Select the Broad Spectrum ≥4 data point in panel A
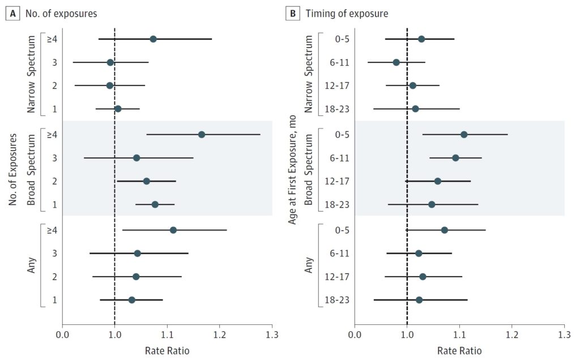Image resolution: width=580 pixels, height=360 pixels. [x=202, y=135]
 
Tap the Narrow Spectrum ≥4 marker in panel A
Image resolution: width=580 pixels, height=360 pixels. [x=153, y=39]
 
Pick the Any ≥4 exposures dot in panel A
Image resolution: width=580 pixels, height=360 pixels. [x=173, y=230]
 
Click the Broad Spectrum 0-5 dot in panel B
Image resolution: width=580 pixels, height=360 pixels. [x=464, y=135]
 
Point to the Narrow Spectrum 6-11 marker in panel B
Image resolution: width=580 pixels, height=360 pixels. [x=396, y=62]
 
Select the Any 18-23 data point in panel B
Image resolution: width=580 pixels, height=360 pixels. [x=419, y=300]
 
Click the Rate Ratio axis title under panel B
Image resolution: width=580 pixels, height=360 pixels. [x=459, y=350]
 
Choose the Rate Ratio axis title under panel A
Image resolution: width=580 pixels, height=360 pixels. [x=167, y=350]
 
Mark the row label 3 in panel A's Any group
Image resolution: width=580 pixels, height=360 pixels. [x=54, y=253]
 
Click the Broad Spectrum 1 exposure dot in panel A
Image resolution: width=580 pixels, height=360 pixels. [x=155, y=204]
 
